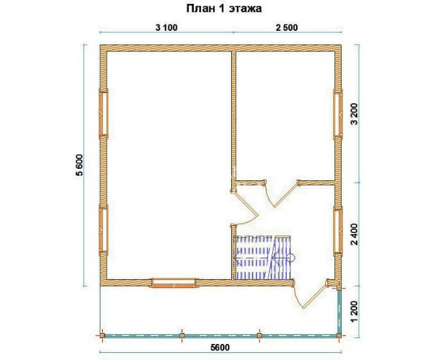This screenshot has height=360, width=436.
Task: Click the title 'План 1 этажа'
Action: pos(224,8)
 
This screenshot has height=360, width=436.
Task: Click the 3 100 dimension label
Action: pos(166,28)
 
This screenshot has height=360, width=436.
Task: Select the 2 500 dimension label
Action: pos(286,28)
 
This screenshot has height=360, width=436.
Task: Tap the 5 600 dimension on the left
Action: pos(79,165)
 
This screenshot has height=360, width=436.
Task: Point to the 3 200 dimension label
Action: pos(355,114)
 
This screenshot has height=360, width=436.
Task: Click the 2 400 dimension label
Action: pos(355,234)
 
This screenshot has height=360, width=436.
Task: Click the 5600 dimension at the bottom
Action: pos(220,348)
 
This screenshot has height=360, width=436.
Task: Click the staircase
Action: pos(263,257)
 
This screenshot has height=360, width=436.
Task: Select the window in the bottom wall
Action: pos(174,283)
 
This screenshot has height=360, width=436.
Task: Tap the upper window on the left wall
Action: pos(103,114)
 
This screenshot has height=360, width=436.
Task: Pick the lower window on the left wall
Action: pos(103,230)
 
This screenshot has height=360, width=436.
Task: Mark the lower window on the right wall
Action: pos(338,230)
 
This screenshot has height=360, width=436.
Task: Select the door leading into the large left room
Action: pos(245,205)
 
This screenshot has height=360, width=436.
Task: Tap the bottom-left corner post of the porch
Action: pos(102,336)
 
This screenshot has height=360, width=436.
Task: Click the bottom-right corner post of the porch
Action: pos(339,336)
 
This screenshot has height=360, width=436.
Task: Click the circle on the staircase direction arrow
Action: pos(290,257)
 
